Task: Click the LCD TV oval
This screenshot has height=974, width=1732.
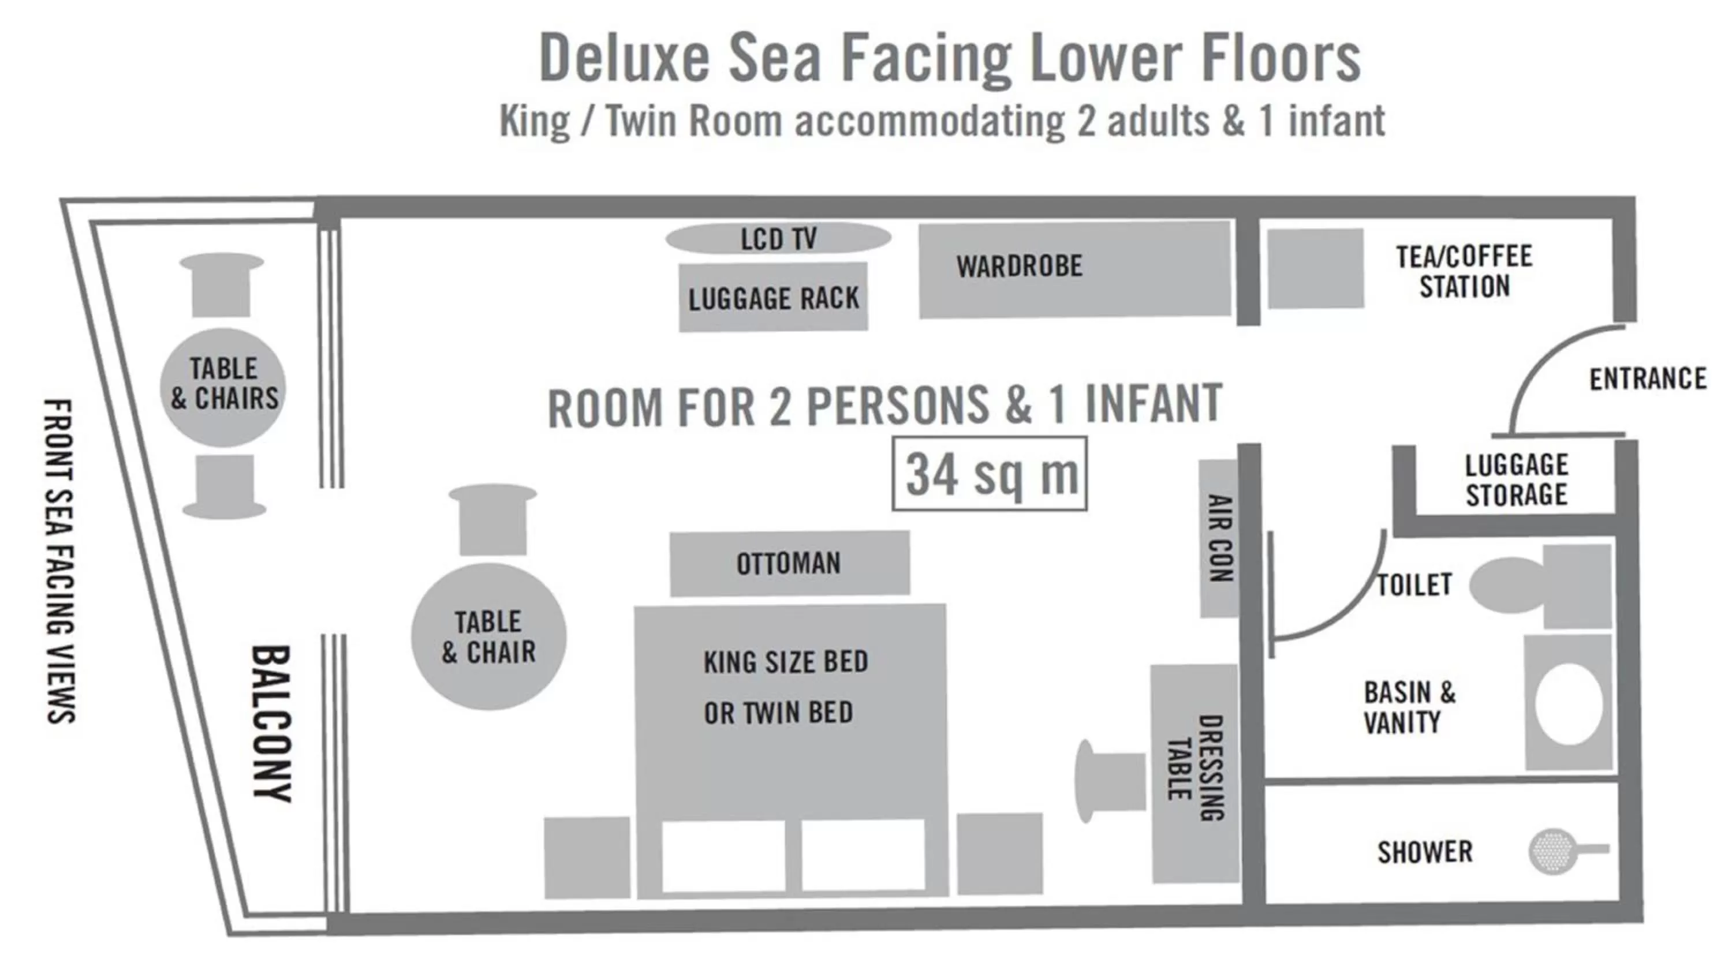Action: tap(778, 238)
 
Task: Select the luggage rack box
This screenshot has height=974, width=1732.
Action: tap(772, 297)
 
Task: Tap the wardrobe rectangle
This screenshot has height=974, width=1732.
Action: tap(1074, 269)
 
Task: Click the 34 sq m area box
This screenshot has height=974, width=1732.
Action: tap(989, 473)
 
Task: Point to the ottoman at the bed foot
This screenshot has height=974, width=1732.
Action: tap(789, 563)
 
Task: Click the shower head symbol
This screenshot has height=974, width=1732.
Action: tap(1551, 851)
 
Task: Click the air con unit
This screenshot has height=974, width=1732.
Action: tap(1218, 538)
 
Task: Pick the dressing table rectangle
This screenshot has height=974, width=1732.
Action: tap(1195, 773)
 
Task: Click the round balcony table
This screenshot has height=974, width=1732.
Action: tap(223, 387)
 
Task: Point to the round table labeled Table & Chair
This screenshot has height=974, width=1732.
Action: tap(489, 636)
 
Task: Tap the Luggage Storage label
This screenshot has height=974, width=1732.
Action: tap(1515, 480)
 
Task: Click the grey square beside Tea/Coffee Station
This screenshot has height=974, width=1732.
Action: tap(1315, 268)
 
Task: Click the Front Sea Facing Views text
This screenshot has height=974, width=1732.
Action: tap(60, 561)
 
